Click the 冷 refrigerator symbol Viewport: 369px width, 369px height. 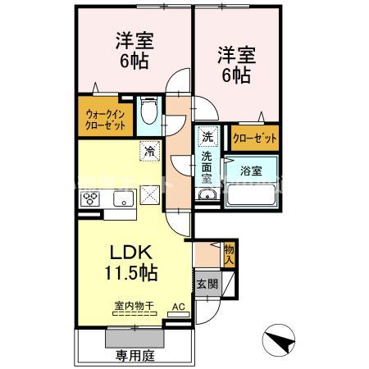click(x=151, y=150)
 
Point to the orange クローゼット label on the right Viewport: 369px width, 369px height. click(x=253, y=137)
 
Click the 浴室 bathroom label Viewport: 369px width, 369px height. click(x=251, y=171)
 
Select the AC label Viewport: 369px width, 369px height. click(x=177, y=308)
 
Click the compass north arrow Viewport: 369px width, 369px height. click(x=279, y=340)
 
